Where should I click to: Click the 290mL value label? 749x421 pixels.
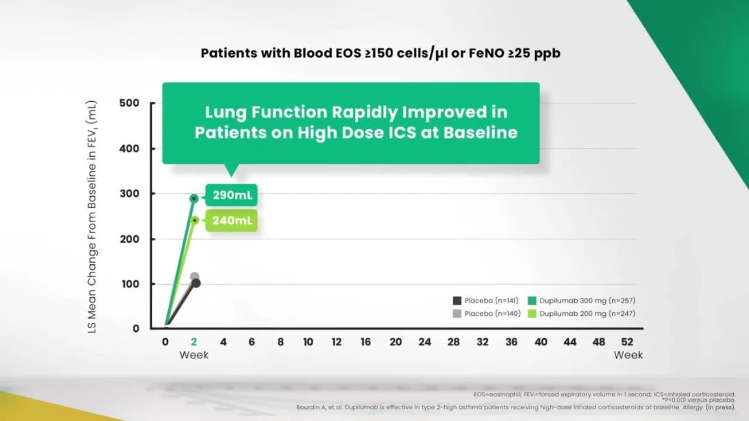pos(232,196)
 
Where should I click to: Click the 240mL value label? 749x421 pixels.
pos(232,222)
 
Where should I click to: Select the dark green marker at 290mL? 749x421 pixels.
pos(194,198)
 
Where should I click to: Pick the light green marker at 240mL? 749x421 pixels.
pos(195,220)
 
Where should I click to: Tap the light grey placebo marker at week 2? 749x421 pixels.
pos(195,277)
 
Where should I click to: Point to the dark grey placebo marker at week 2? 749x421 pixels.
pos(196,283)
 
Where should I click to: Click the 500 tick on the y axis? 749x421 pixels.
pos(129,103)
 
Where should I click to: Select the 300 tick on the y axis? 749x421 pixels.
pos(129,194)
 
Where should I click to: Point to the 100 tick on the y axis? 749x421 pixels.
pos(129,284)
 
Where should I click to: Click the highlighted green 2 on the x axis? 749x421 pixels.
pos(194,342)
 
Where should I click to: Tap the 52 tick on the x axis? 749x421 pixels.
pos(627,342)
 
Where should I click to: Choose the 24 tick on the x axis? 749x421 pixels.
pos(424,342)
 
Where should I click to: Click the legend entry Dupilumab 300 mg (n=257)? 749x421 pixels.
pos(582,301)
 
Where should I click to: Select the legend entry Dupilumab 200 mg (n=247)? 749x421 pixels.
pos(582,314)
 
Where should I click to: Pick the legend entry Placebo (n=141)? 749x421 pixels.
pos(485,301)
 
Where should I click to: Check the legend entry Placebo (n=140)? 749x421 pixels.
pos(485,314)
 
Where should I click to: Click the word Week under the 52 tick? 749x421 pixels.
pos(629,355)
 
